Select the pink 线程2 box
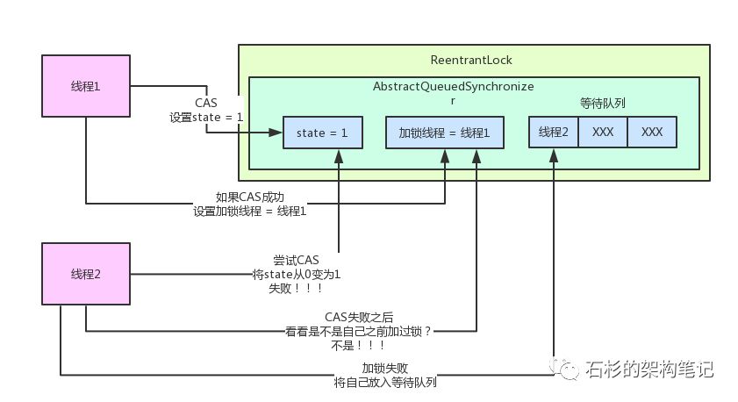coord(85,274)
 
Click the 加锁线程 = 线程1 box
coord(445,133)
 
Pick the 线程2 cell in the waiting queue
coord(554,132)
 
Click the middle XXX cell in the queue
coord(602,132)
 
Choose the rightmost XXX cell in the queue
coord(652,132)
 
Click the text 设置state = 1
coord(206,116)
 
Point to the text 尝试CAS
coord(297,261)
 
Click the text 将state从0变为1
coord(297,275)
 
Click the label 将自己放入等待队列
coord(385,383)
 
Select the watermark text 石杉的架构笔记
coord(648,370)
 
